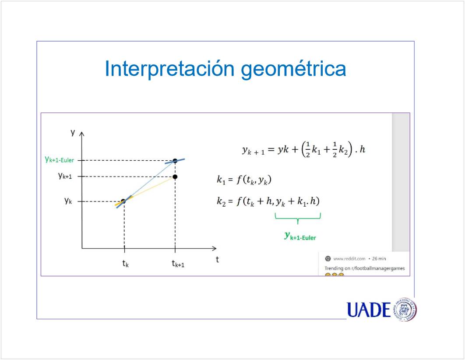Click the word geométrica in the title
pos(294,69)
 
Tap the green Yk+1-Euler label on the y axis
pos(59,159)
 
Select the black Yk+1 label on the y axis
pos(65,176)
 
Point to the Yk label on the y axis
pos(68,201)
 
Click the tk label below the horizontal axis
pos(125,263)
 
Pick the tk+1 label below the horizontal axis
pos(178,263)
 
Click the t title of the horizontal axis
pos(217,259)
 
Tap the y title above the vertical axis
pos(73,132)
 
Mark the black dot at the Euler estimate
pos(175,161)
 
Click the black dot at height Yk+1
pos(175,177)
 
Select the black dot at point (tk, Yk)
pos(123,201)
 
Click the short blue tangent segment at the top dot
pos(175,161)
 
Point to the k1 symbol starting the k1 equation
pos(221,180)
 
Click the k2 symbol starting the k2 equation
pos(221,201)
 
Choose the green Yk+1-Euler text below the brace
pos(300,236)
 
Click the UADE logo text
pos(369,310)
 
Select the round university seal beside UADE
pos(405,310)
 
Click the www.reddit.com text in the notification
pos(349,258)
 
